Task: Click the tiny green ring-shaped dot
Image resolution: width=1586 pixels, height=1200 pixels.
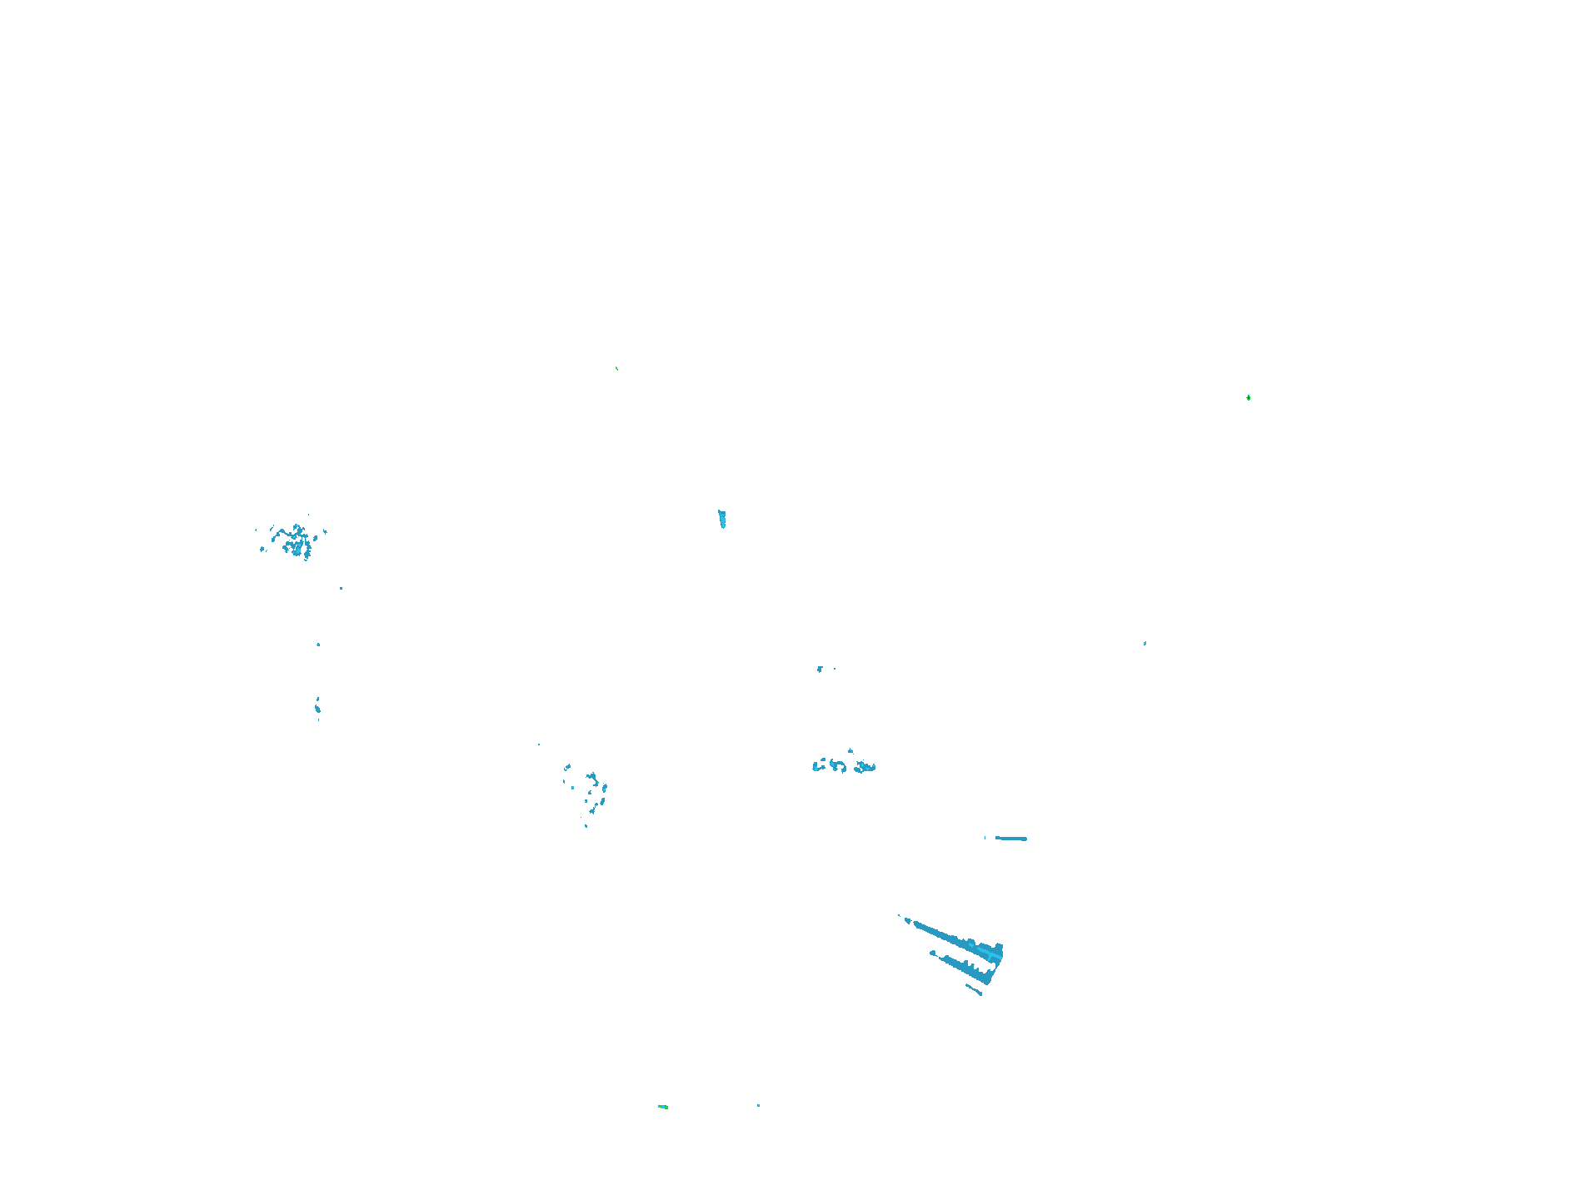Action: pyautogui.click(x=1248, y=398)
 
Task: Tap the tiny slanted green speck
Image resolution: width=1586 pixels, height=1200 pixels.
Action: pyautogui.click(x=616, y=368)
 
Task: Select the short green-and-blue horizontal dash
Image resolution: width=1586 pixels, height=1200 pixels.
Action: pyautogui.click(x=663, y=1107)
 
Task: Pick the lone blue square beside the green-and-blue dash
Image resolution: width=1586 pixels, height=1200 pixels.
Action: pyautogui.click(x=758, y=1106)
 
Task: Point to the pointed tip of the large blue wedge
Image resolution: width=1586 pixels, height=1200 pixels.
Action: pyautogui.click(x=901, y=917)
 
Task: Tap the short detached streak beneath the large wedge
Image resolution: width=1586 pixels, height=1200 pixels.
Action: pyautogui.click(x=974, y=989)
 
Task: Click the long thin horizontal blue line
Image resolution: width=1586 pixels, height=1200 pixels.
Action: pyautogui.click(x=1011, y=839)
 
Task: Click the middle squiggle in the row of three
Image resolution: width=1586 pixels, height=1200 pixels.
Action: pyautogui.click(x=838, y=765)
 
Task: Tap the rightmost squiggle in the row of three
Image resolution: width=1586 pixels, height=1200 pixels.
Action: pyautogui.click(x=865, y=767)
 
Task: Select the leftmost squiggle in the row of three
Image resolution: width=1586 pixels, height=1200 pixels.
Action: pyautogui.click(x=818, y=764)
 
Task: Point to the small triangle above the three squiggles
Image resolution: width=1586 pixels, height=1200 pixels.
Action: pyautogui.click(x=850, y=750)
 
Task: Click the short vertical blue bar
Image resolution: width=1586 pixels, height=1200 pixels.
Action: pyautogui.click(x=722, y=519)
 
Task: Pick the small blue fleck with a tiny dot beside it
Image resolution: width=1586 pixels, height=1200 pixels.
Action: pyautogui.click(x=820, y=669)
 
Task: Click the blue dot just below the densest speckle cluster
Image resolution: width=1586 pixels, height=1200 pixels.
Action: pyautogui.click(x=341, y=589)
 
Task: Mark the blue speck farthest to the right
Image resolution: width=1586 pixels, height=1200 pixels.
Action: pyautogui.click(x=1145, y=643)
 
